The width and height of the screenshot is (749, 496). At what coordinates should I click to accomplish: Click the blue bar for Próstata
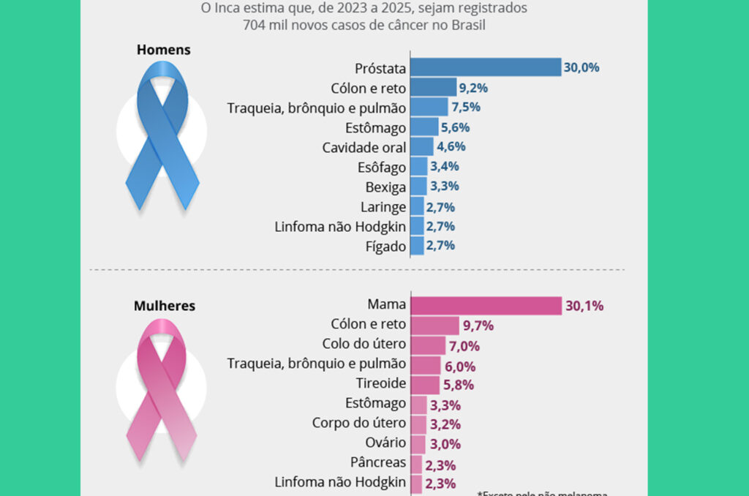tap(486, 67)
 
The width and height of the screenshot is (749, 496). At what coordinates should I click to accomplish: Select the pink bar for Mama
tap(486, 305)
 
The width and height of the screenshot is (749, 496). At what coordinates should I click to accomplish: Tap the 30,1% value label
tap(584, 306)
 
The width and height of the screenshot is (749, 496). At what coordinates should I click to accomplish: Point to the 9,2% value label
tap(473, 88)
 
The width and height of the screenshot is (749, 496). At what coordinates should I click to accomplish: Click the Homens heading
tap(164, 50)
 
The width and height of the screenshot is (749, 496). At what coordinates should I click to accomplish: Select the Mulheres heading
tap(165, 306)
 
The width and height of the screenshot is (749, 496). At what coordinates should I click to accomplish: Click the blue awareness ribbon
tap(162, 135)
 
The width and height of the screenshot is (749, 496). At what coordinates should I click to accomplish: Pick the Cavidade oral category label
tap(364, 147)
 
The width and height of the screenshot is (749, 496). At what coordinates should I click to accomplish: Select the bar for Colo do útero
tap(428, 345)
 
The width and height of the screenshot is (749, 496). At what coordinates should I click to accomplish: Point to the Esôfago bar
tap(418, 167)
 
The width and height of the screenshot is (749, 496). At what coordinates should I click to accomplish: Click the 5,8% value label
tap(459, 385)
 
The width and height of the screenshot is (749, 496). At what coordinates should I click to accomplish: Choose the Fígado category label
tap(385, 247)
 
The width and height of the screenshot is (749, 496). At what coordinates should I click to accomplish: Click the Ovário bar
tap(418, 443)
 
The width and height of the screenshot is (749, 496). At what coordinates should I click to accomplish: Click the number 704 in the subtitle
tap(256, 26)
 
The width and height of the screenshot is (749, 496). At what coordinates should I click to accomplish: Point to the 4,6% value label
tap(451, 146)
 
